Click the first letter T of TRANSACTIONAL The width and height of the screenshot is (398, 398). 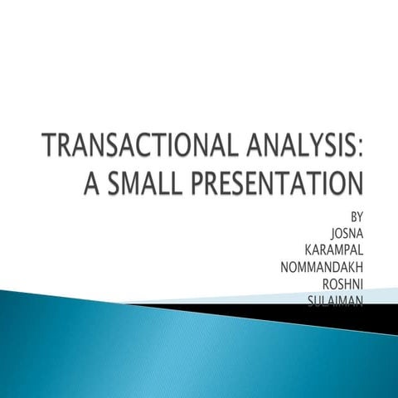52,150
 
